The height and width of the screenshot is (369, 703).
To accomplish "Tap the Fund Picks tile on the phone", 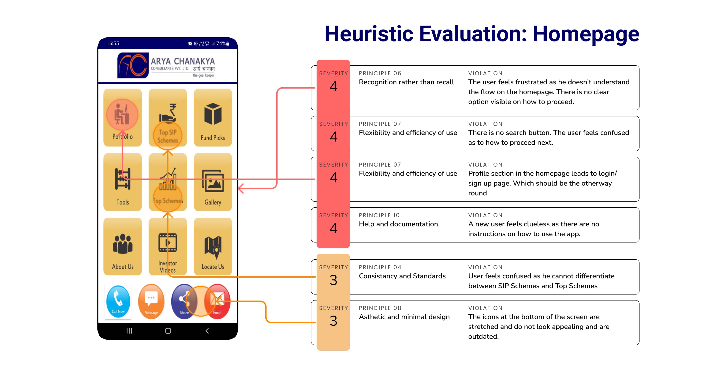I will pyautogui.click(x=213, y=118).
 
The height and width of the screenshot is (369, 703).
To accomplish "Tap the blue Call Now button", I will pyautogui.click(x=118, y=302).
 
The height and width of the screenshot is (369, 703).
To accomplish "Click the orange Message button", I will pyautogui.click(x=151, y=302).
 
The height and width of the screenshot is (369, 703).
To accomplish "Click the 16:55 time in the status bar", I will pyautogui.click(x=113, y=43).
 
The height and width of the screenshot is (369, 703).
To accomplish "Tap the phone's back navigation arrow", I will pyautogui.click(x=207, y=331).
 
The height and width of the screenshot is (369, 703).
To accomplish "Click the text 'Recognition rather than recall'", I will pyautogui.click(x=406, y=82).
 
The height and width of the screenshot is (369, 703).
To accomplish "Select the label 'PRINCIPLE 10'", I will pyautogui.click(x=379, y=215).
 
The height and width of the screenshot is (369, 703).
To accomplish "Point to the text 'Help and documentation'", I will pyautogui.click(x=398, y=224).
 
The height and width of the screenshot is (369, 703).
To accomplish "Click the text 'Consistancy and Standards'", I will pyautogui.click(x=402, y=276).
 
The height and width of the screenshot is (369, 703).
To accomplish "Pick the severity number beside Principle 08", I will pyautogui.click(x=333, y=321).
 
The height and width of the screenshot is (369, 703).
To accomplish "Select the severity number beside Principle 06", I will pyautogui.click(x=333, y=86).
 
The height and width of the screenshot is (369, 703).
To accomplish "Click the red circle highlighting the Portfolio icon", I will pyautogui.click(x=122, y=115).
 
